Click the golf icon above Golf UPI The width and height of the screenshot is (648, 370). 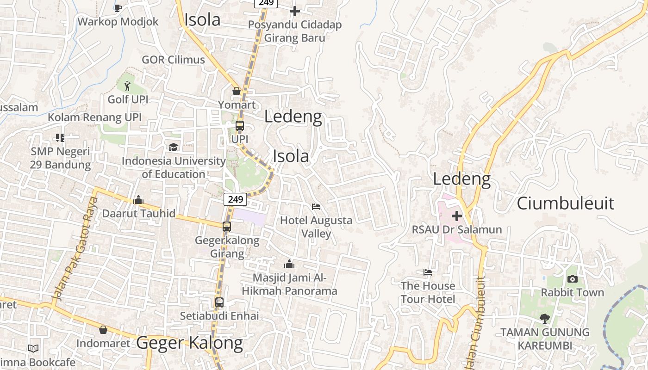127,86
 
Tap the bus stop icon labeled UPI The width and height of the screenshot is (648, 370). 240,126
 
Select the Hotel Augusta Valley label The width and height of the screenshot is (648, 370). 316,227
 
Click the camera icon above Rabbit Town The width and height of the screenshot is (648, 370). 573,279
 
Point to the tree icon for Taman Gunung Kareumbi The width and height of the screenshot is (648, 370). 545,318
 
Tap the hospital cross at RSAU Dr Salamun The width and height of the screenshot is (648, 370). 457,216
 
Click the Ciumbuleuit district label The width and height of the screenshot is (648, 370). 565,203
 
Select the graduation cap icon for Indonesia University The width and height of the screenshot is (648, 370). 173,147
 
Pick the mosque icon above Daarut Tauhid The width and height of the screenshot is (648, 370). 138,200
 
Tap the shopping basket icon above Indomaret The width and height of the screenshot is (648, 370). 103,330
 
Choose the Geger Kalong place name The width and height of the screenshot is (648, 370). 189,343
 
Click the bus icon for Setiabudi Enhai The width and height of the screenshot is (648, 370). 219,302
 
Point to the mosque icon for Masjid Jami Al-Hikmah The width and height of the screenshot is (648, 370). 289,264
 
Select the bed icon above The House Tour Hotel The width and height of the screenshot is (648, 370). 428,272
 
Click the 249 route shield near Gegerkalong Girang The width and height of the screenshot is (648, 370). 235,199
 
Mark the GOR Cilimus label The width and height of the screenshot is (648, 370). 173,60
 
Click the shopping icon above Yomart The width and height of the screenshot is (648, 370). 237,91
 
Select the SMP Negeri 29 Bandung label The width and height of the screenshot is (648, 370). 60,158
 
